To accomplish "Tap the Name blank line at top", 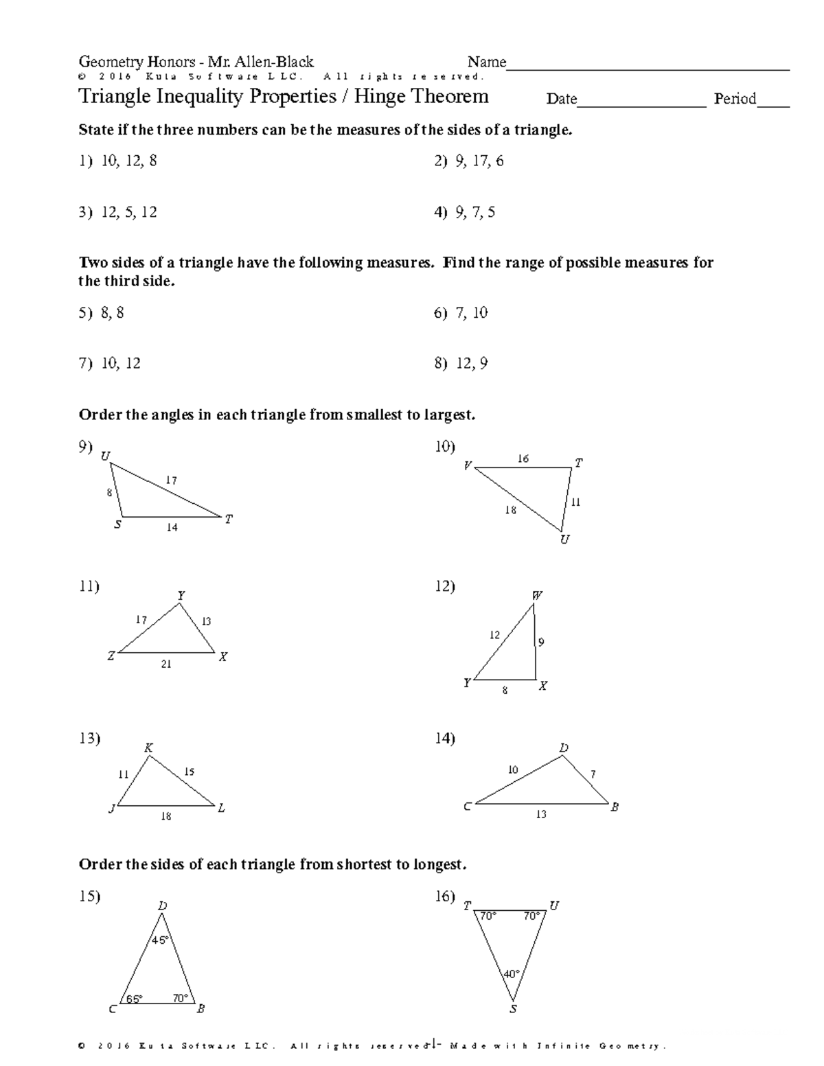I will [x=648, y=67].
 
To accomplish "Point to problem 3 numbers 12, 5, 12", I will [x=128, y=213].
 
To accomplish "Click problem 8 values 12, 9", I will [x=471, y=364].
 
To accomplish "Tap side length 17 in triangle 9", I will [x=171, y=481].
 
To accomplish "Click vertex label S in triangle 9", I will [x=118, y=526].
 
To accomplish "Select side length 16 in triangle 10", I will [x=523, y=459].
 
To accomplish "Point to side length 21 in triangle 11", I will [x=166, y=664].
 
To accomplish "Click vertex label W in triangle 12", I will [x=537, y=596].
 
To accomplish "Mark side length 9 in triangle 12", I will [x=541, y=642].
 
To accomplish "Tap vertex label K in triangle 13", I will [x=148, y=748].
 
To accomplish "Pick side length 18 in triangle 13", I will [x=166, y=816].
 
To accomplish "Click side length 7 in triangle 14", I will [x=593, y=774].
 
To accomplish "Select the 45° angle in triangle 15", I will [x=160, y=940].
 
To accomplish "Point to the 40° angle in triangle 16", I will [x=512, y=973].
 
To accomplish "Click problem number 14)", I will [x=445, y=739].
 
